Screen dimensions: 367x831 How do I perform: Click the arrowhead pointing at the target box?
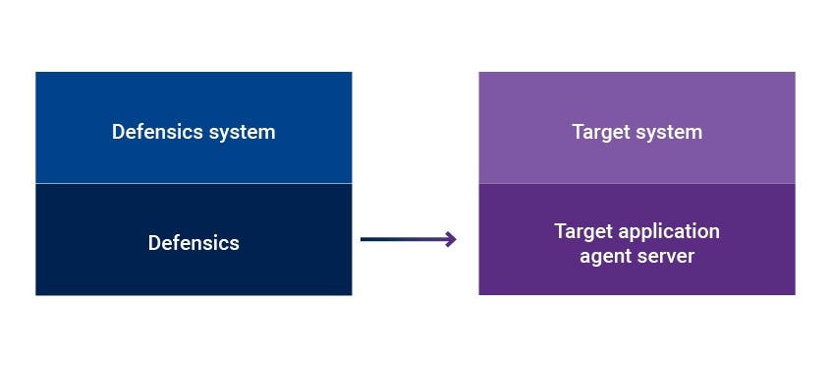(x=451, y=239)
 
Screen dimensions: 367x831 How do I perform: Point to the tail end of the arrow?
(x=363, y=239)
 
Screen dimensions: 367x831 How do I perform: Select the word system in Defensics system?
(x=242, y=132)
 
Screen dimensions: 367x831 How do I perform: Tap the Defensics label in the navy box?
(x=194, y=243)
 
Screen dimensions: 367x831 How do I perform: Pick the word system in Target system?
(x=669, y=132)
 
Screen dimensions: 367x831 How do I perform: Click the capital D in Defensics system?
(x=118, y=132)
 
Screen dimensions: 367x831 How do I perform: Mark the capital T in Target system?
(x=578, y=132)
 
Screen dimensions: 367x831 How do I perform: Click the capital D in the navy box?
(x=154, y=243)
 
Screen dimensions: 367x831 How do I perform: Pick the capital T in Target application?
(x=560, y=232)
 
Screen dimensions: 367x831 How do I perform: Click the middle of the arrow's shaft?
(x=405, y=239)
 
